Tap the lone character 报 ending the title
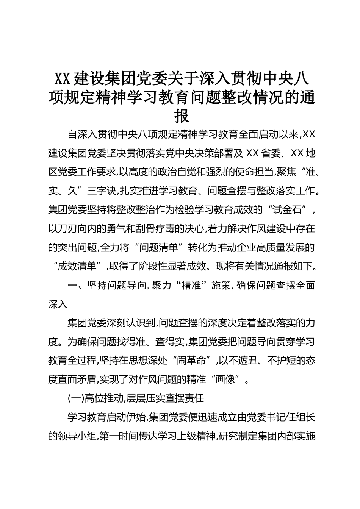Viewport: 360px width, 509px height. point(182,116)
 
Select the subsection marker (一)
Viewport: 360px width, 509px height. point(75,398)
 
